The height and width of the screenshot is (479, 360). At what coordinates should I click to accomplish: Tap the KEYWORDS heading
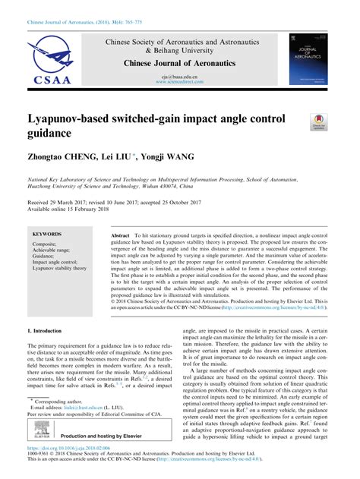[48, 235]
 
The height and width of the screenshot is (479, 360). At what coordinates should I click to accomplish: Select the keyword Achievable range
[55, 251]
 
